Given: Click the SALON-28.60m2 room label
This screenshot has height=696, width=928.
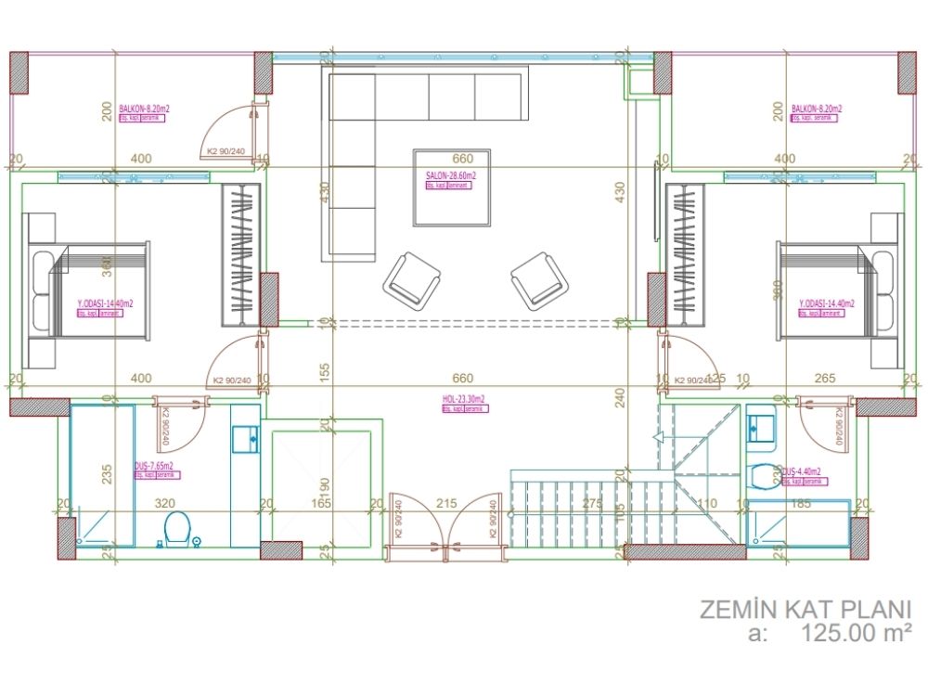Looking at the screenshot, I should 450,174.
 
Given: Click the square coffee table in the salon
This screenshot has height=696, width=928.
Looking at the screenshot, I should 452,187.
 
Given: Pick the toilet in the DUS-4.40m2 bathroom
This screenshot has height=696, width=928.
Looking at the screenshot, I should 764,476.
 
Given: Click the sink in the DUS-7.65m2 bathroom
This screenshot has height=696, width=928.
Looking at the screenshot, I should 246,438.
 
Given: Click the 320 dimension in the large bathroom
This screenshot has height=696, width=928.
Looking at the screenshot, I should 164,504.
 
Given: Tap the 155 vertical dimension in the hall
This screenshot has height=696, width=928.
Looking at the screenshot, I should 325,371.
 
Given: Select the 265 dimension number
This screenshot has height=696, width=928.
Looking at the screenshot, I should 825,378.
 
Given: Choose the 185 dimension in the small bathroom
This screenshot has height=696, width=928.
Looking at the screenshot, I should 802,503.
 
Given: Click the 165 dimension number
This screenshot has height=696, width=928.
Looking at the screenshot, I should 318,504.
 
